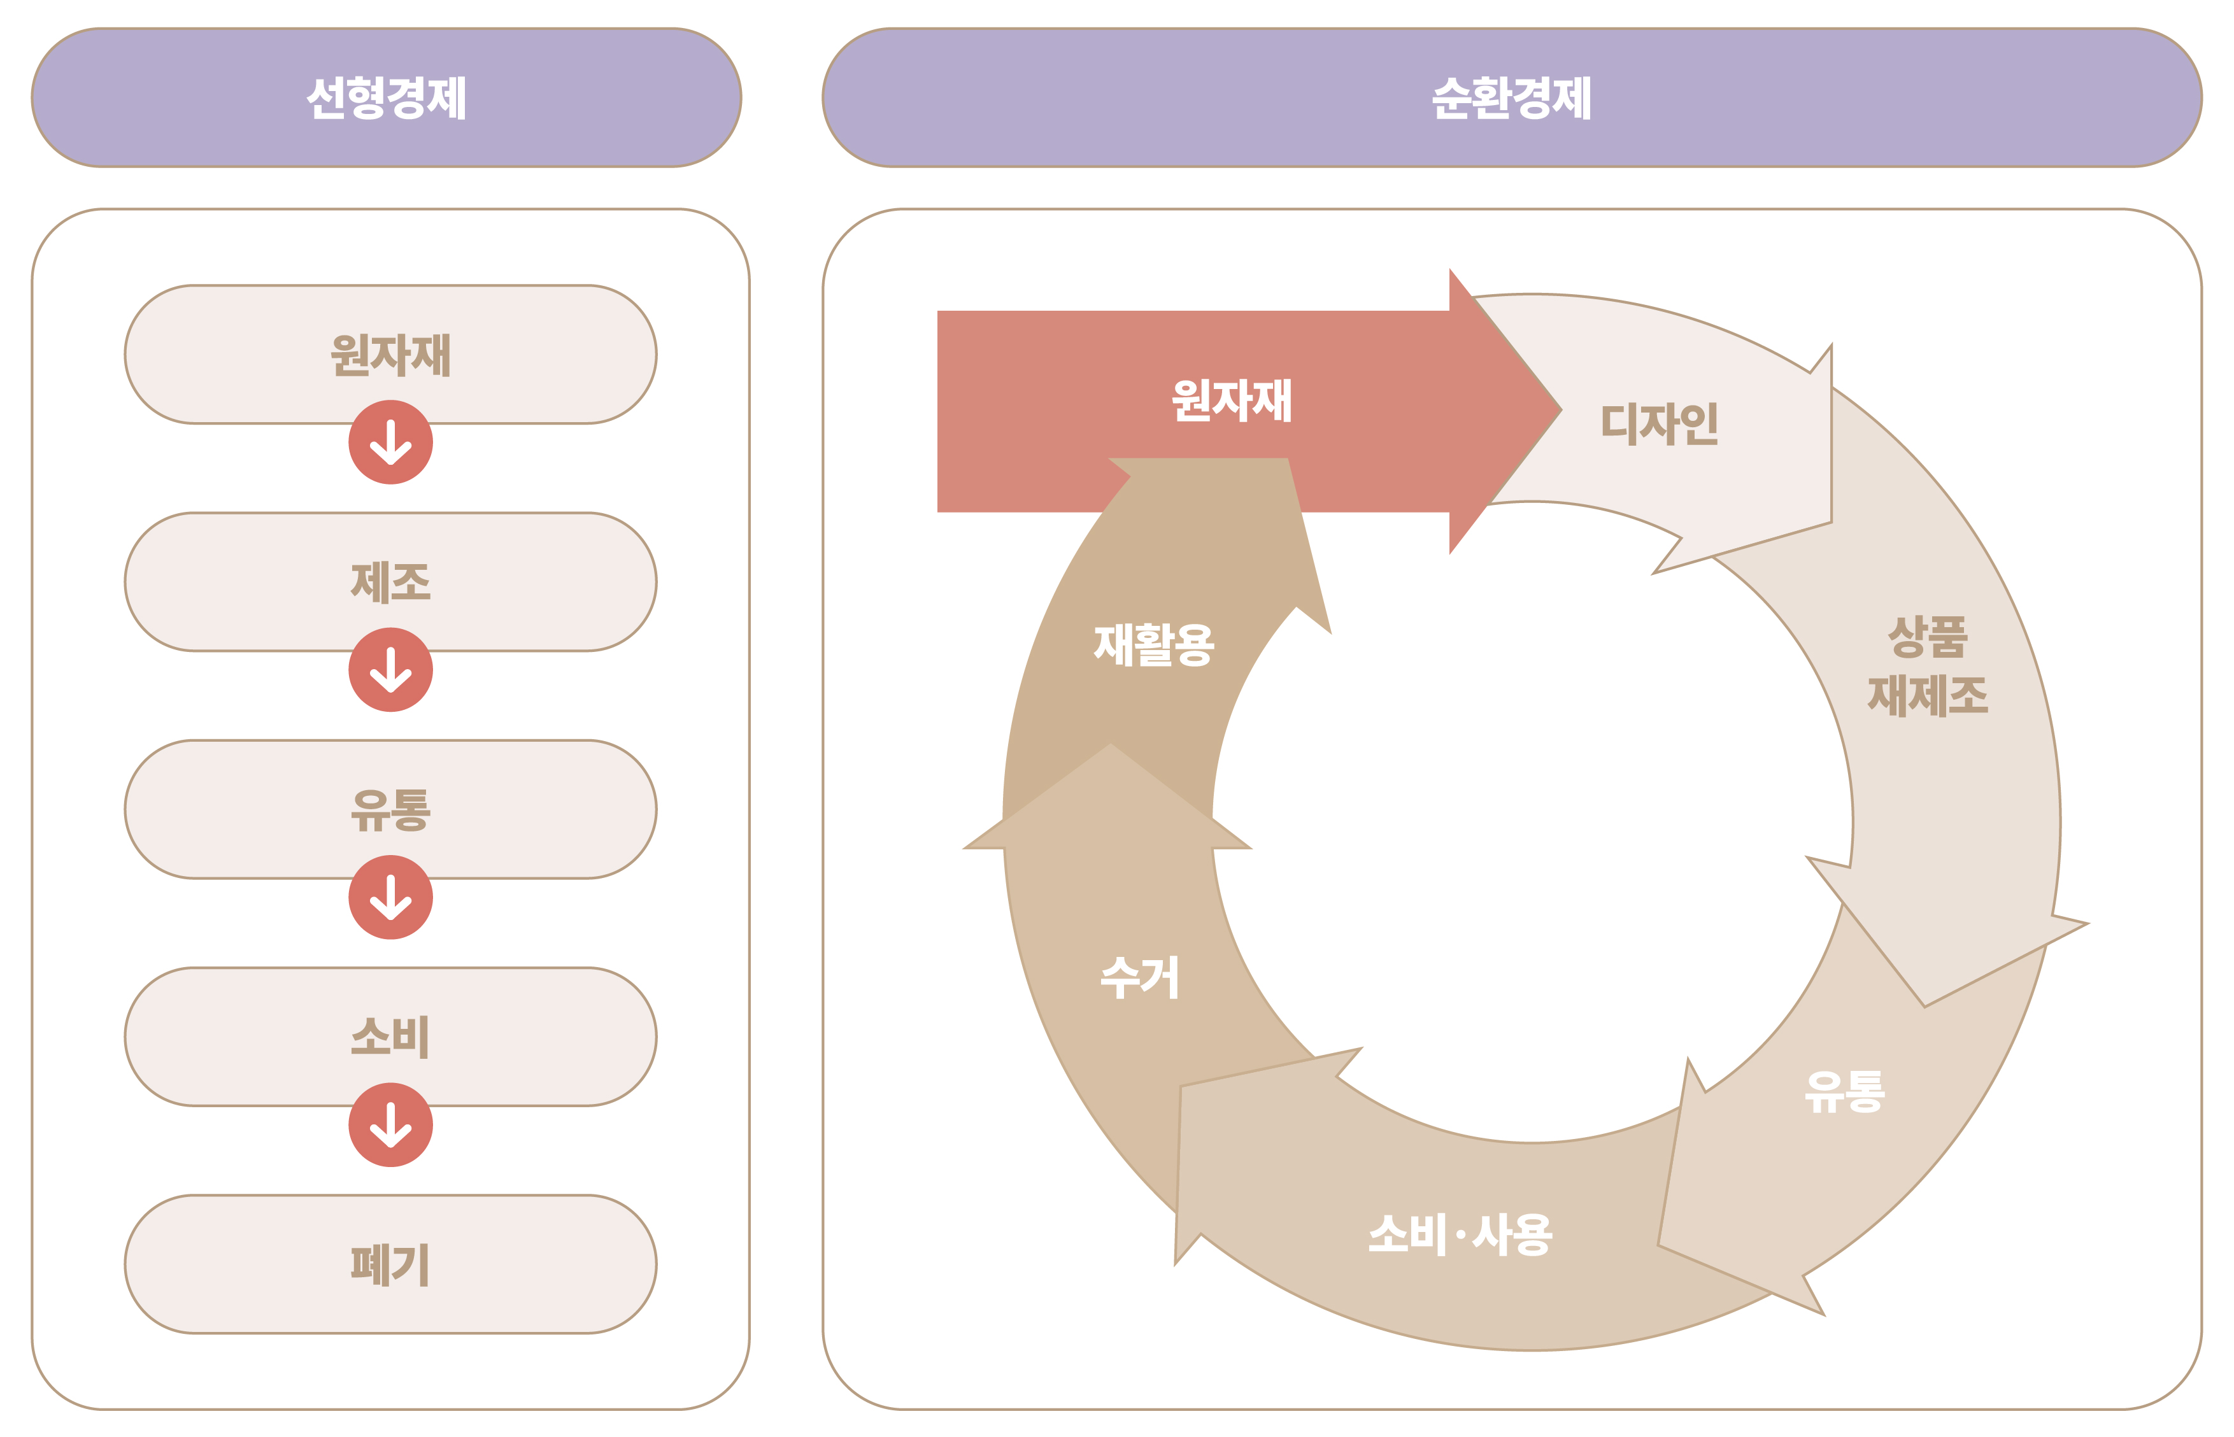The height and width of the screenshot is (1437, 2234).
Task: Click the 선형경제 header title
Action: pos(387,98)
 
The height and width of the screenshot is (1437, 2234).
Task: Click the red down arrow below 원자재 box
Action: pos(390,442)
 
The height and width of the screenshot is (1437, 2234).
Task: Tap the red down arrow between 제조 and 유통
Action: pos(390,670)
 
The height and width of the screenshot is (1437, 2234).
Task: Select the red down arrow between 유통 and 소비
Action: pos(390,898)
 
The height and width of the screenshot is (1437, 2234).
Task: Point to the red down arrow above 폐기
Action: pos(390,1124)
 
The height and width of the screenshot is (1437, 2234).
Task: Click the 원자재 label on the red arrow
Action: pos(1231,400)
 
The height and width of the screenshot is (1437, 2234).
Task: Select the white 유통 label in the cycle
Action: pos(1844,1092)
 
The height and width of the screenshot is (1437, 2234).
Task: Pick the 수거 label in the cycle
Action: pos(1139,978)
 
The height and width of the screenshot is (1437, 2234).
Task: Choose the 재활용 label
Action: pos(1153,645)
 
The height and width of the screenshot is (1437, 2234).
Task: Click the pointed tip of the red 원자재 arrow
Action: pos(1560,409)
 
